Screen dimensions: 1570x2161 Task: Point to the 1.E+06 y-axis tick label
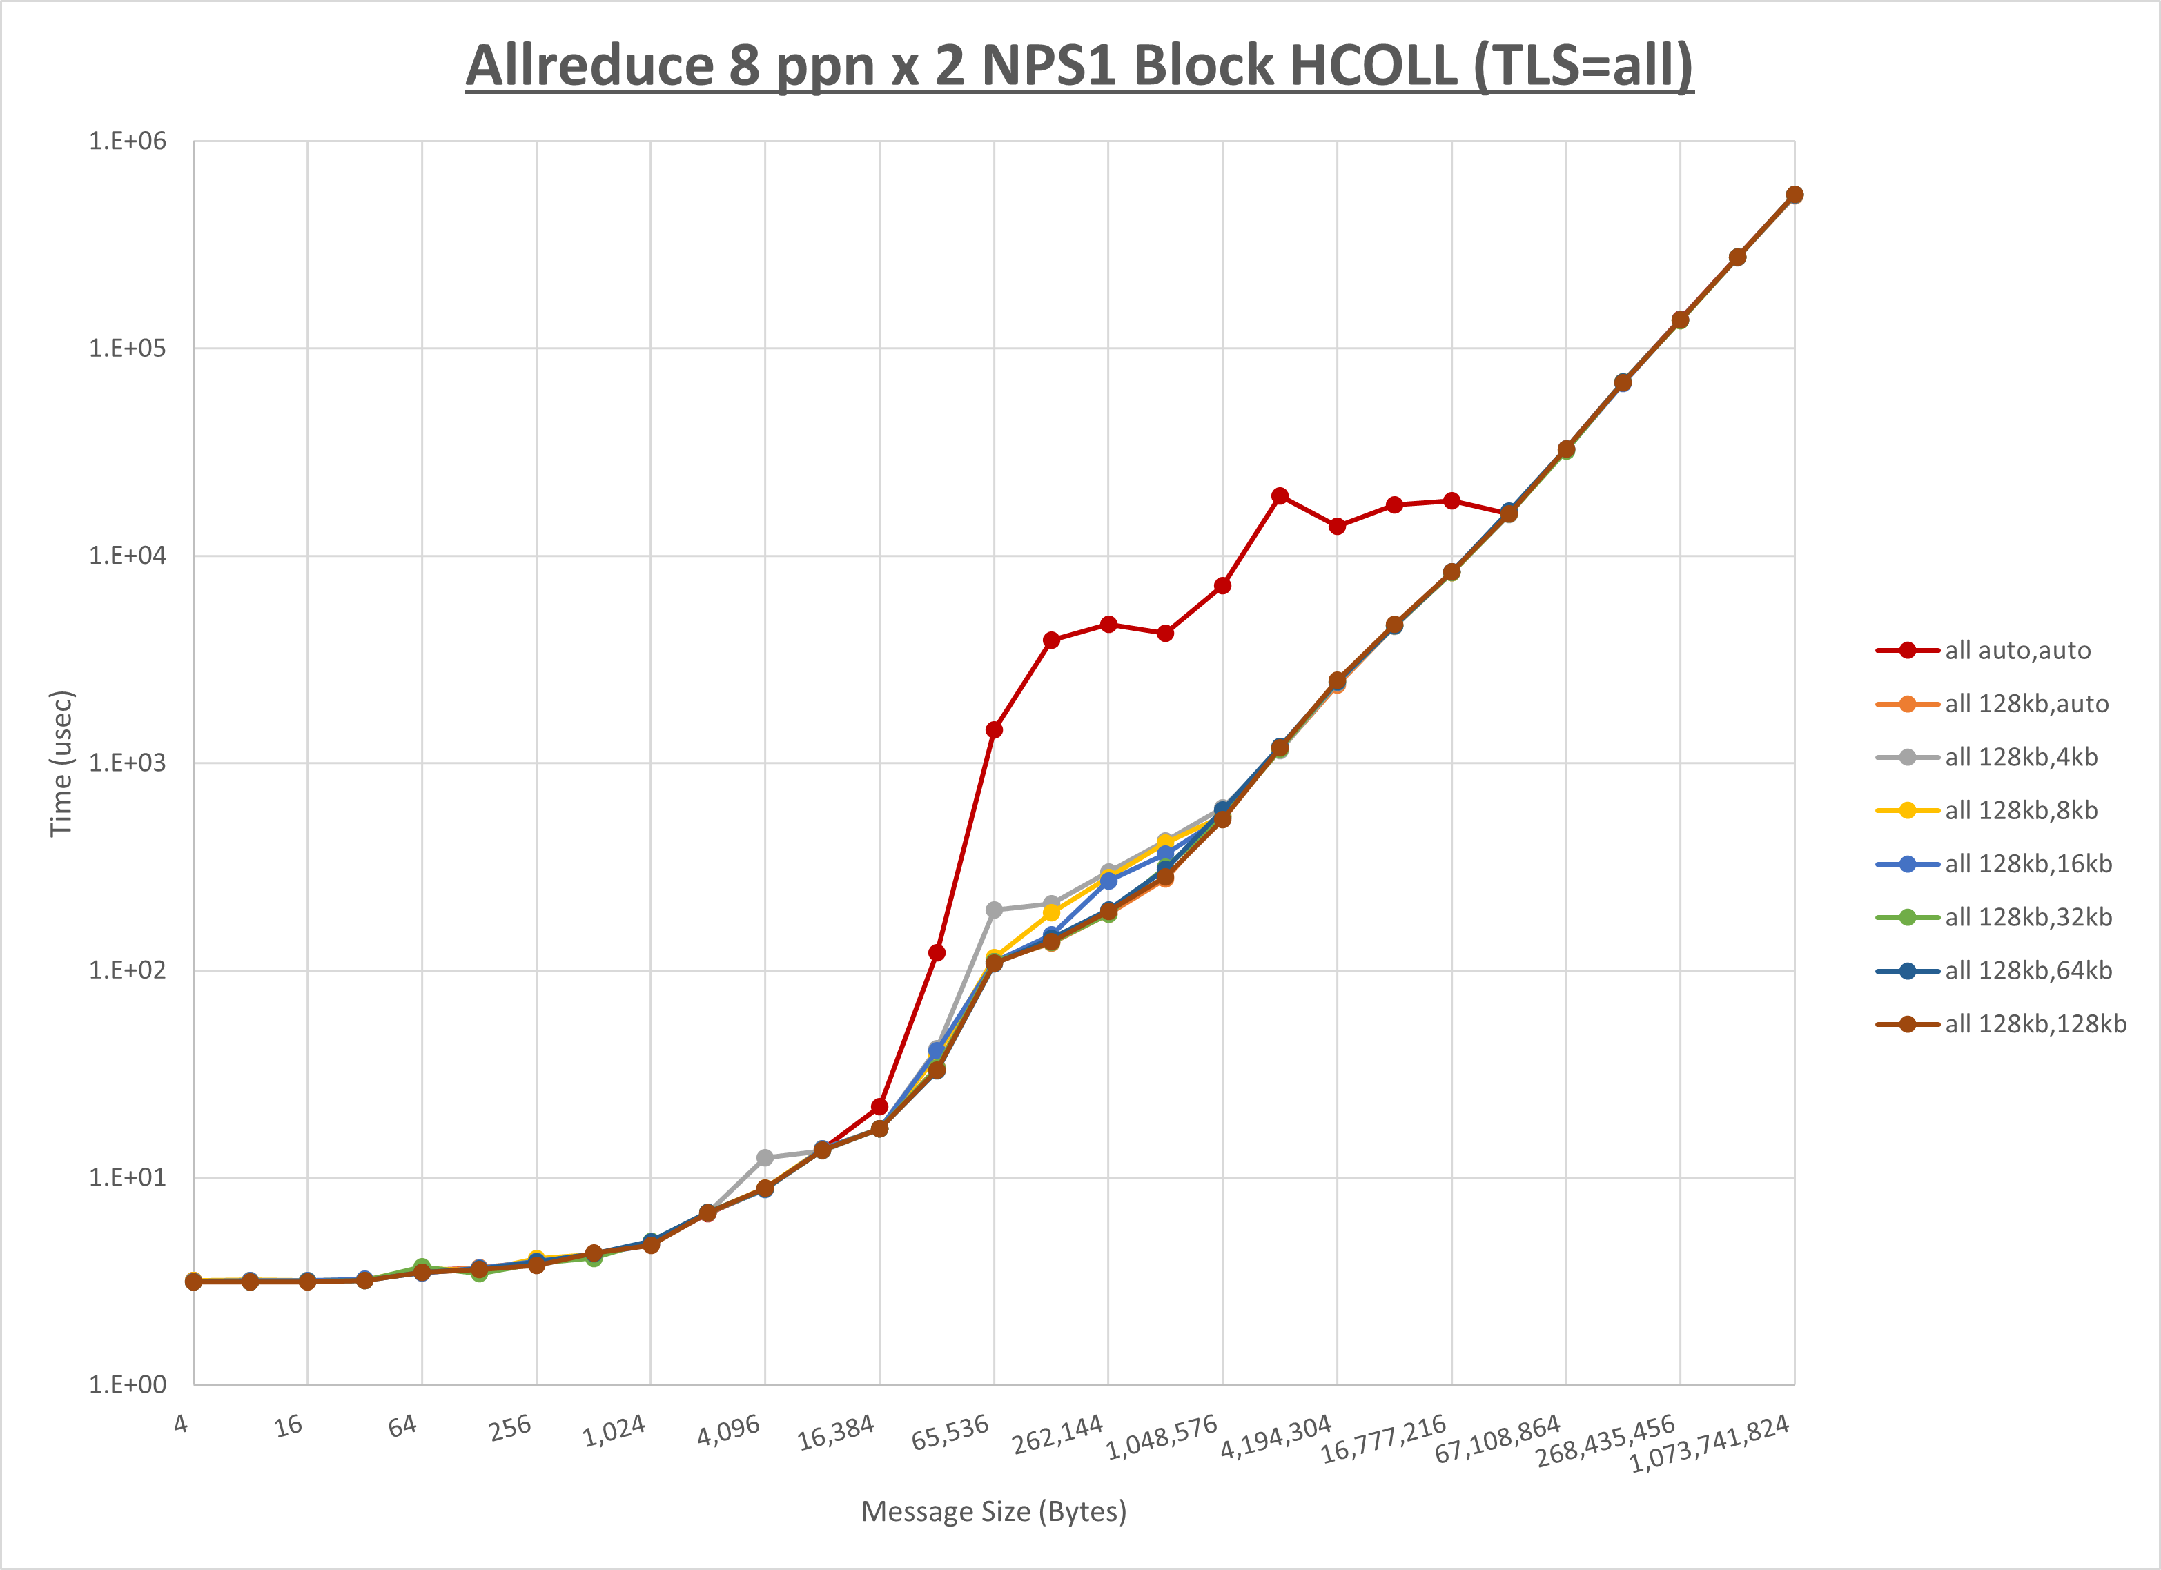127,141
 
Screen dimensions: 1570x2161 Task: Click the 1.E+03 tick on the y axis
127,763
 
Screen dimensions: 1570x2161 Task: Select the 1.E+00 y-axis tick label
127,1384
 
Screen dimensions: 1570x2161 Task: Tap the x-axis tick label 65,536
950,1433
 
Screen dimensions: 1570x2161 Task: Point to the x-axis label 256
510,1428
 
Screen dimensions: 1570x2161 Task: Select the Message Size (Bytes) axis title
994,1512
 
